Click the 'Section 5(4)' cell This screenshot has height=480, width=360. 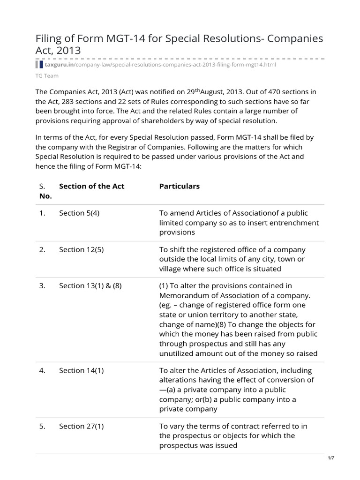coord(79,213)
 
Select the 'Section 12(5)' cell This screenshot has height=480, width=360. coord(81,249)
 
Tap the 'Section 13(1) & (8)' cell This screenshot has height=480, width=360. coord(90,285)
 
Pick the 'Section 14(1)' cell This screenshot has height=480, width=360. coord(81,370)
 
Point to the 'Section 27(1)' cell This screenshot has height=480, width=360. coord(81,426)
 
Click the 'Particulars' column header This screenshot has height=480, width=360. coord(180,186)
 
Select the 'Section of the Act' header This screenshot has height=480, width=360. coord(91,186)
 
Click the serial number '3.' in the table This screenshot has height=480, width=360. coord(42,285)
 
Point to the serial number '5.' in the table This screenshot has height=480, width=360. coord(42,426)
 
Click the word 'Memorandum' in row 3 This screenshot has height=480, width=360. coord(183,296)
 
